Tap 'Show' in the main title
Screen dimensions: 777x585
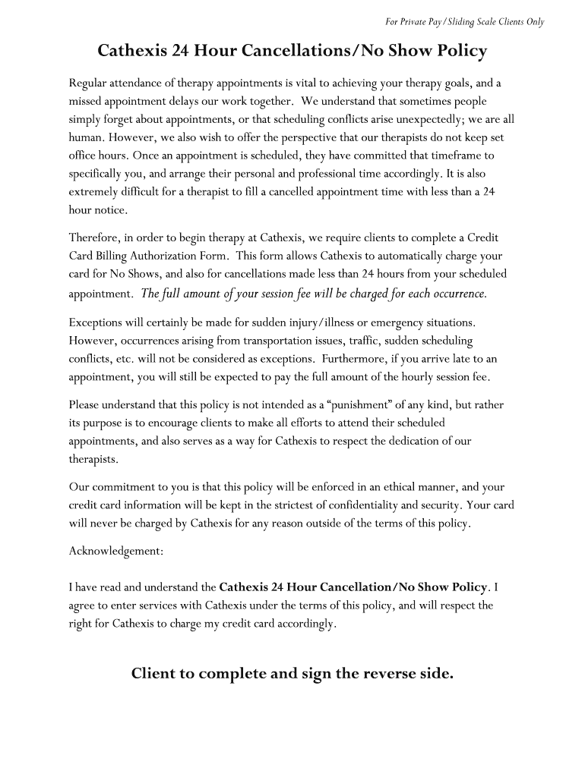point(408,52)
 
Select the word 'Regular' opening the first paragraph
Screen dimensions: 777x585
point(88,83)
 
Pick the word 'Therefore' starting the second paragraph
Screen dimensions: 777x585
point(93,238)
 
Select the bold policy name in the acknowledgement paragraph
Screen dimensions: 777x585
point(353,587)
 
